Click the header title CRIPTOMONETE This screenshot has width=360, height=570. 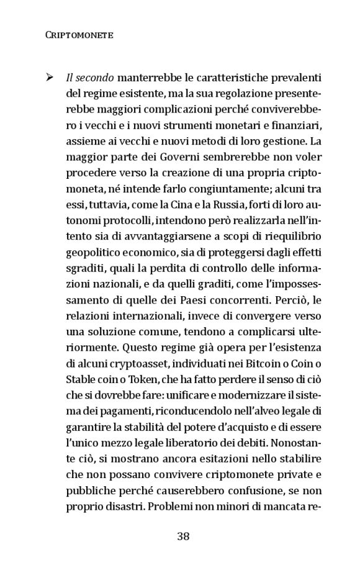79,35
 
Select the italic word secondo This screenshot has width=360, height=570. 95,79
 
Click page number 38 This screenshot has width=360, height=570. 183,536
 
